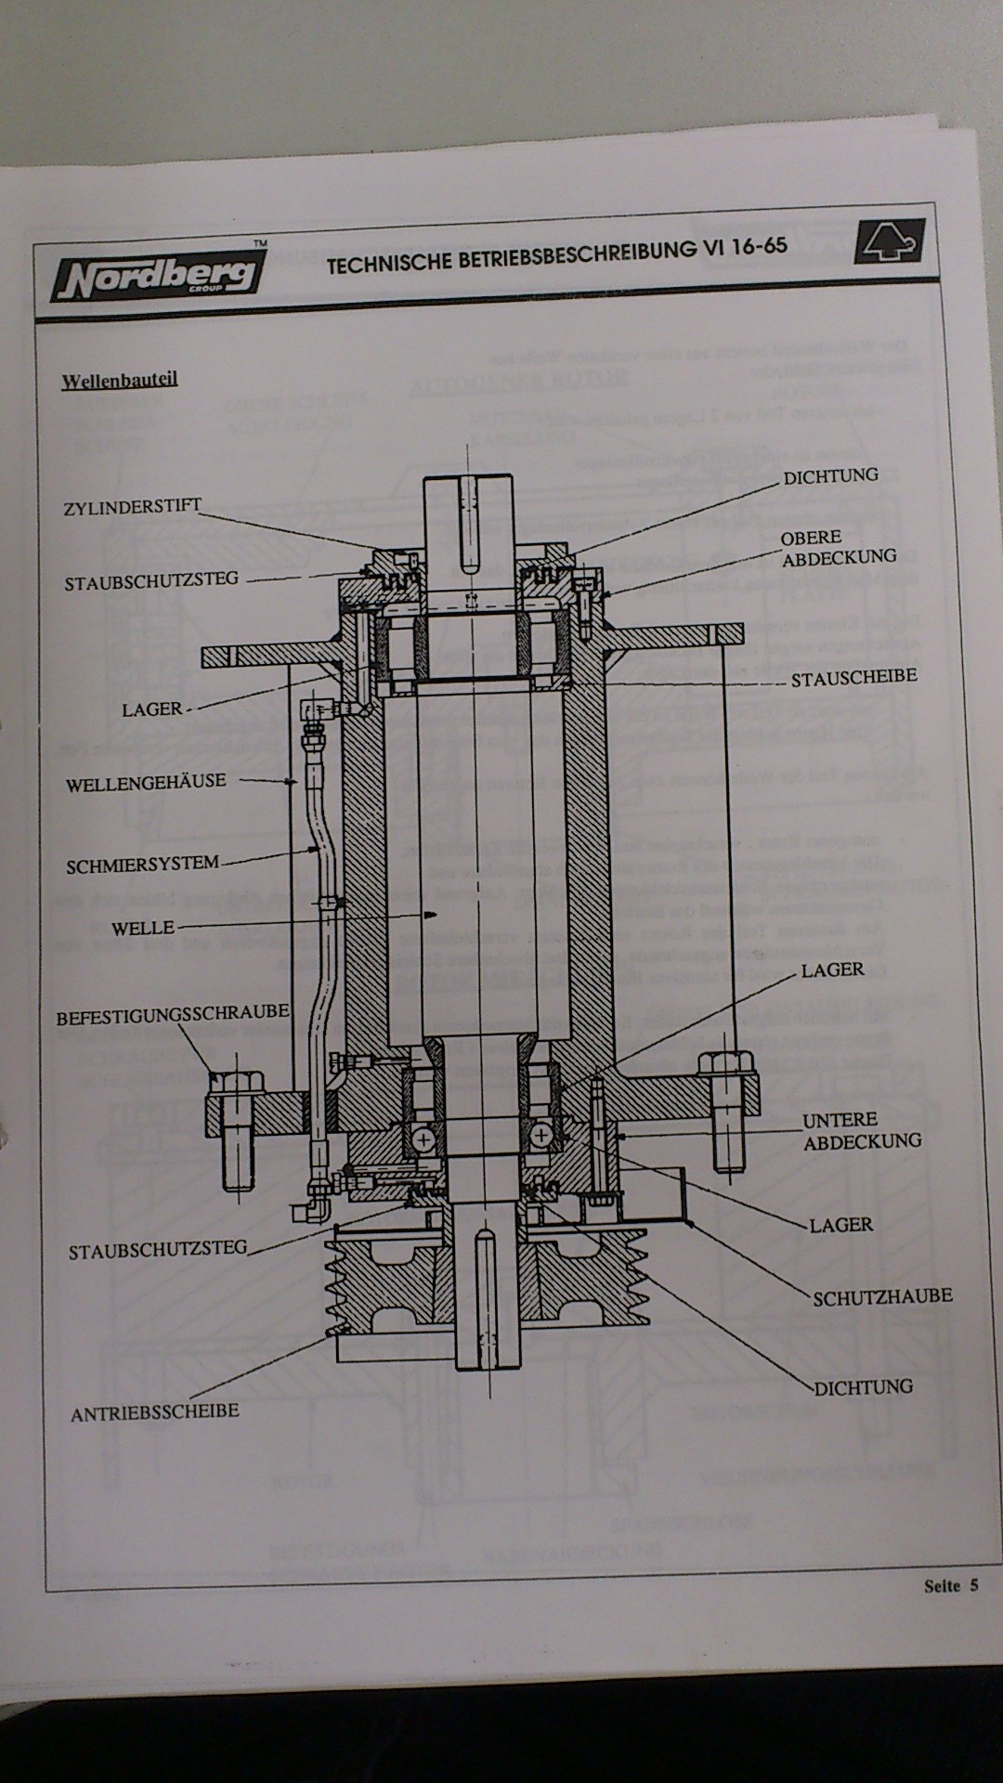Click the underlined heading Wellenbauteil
click(x=119, y=380)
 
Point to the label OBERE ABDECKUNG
click(x=838, y=548)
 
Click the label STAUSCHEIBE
click(x=853, y=677)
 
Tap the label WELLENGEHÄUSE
click(x=146, y=782)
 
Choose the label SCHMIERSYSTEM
click(x=142, y=865)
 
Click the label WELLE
click(x=142, y=928)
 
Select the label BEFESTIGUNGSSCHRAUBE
click(x=173, y=1016)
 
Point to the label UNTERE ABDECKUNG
click(x=861, y=1130)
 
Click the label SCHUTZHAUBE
click(x=882, y=1296)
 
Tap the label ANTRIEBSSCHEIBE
click(x=154, y=1412)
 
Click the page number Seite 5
click(x=950, y=1586)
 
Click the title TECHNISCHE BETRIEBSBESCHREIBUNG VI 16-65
click(x=556, y=252)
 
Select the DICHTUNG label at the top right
click(x=830, y=475)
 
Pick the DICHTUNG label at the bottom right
click(x=863, y=1387)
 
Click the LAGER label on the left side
click(x=152, y=709)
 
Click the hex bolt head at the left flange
click(x=235, y=1082)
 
